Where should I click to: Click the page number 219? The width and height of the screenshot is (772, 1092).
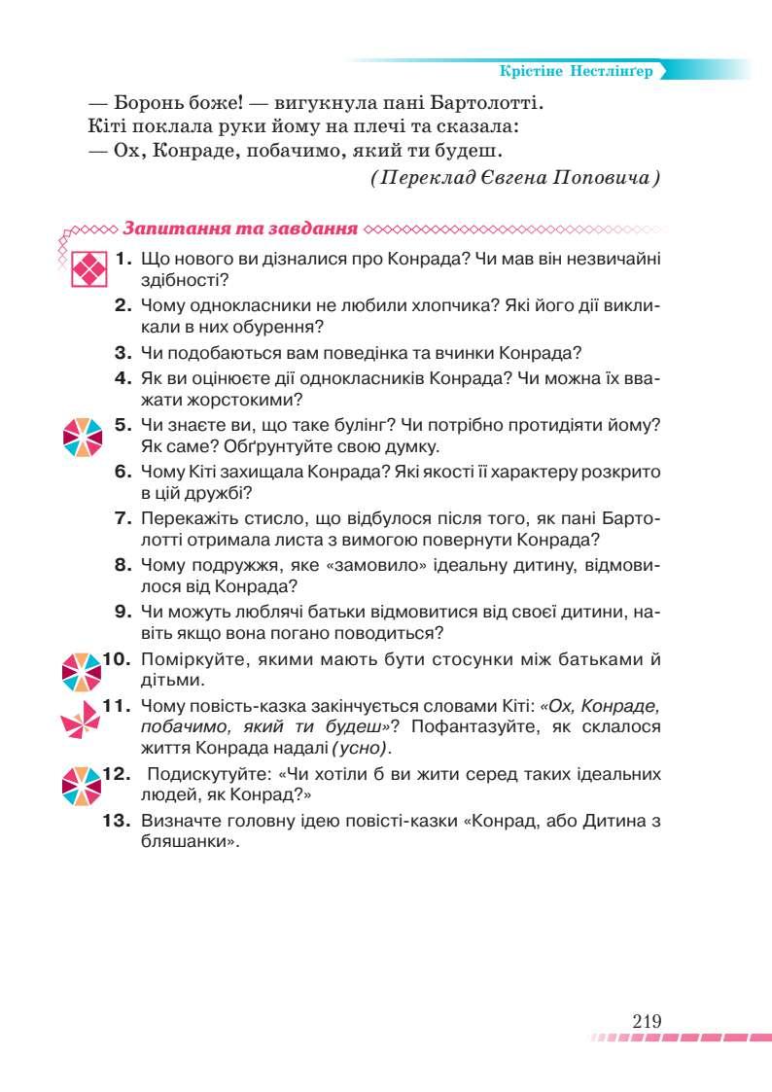click(x=647, y=1021)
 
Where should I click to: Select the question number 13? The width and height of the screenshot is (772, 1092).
click(x=118, y=821)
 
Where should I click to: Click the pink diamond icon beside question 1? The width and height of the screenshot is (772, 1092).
click(x=87, y=268)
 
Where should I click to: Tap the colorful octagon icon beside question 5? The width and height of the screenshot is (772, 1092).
click(x=82, y=437)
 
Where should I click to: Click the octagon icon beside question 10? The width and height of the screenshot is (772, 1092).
click(x=82, y=671)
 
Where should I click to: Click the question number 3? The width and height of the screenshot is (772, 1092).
click(x=123, y=353)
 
